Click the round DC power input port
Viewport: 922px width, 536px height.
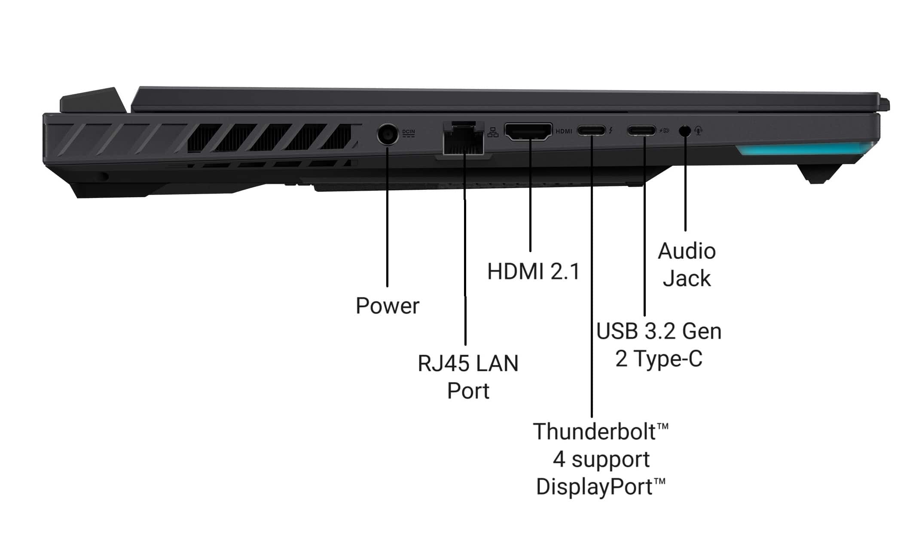tap(388, 134)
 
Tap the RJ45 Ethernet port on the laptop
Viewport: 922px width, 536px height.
tap(463, 139)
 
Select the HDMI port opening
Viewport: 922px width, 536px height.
tap(528, 131)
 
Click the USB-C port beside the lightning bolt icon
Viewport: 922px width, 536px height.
tap(591, 130)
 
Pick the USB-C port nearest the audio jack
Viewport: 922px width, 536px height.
tap(641, 130)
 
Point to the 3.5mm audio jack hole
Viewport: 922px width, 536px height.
tap(685, 130)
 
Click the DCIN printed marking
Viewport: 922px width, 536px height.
tap(409, 132)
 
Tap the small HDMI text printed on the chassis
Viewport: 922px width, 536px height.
tap(564, 131)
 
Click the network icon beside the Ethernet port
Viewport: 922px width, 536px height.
tap(493, 132)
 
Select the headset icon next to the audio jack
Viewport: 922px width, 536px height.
tap(699, 130)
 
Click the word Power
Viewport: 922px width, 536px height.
tap(387, 306)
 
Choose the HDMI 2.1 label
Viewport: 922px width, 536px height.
tap(533, 271)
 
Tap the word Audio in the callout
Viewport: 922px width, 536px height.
tap(687, 251)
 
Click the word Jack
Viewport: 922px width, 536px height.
tap(687, 278)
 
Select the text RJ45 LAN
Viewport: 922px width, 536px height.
tap(468, 363)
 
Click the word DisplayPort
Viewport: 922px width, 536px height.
tap(595, 487)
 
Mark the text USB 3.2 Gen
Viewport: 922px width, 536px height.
tap(659, 331)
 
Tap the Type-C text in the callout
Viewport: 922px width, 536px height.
tap(668, 359)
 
